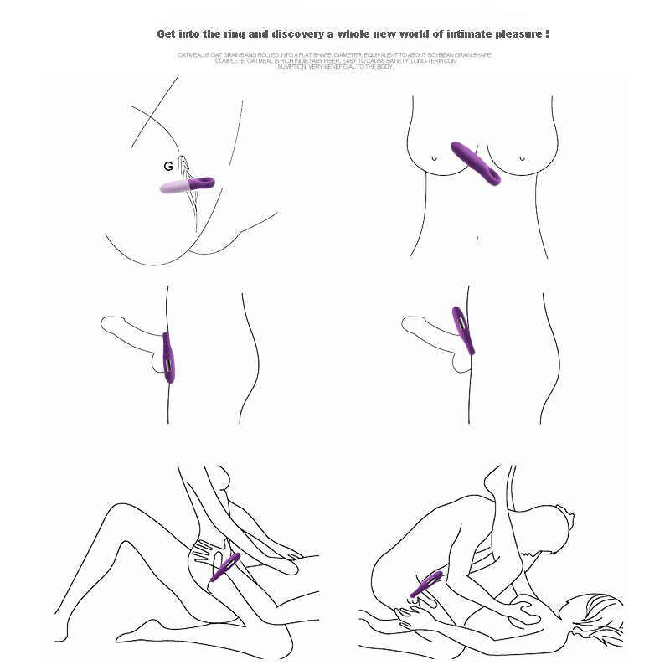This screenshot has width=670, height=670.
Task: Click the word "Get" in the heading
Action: click(167, 34)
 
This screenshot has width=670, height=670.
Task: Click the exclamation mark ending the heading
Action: click(547, 34)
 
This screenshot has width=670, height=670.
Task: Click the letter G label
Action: click(167, 167)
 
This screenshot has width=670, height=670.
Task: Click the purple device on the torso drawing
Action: click(476, 162)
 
